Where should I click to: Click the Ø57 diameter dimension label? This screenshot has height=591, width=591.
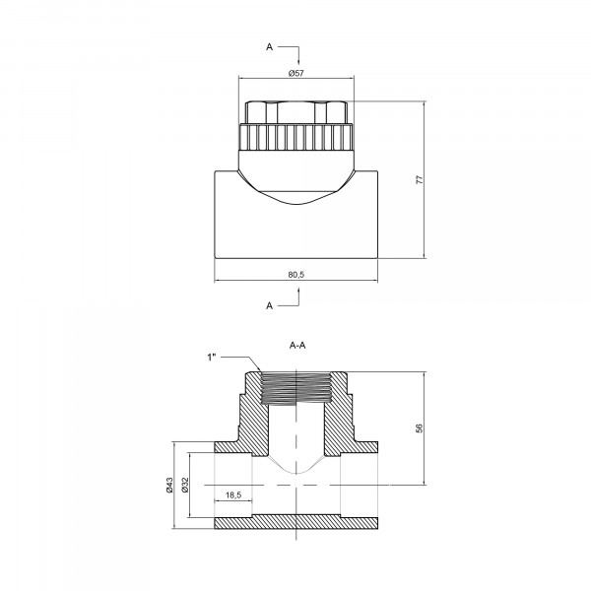click(296, 73)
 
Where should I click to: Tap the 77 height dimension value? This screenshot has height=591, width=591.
click(420, 179)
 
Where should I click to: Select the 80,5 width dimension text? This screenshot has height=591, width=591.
click(296, 275)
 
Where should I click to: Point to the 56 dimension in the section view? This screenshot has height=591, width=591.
click(420, 428)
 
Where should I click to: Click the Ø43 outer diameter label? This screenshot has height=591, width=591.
click(169, 485)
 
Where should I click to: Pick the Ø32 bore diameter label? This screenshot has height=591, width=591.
click(185, 485)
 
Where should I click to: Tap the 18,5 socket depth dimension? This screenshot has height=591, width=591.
click(233, 494)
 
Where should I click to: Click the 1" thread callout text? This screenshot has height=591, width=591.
click(212, 357)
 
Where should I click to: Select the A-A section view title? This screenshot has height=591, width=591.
click(297, 346)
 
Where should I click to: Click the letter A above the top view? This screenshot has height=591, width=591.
click(269, 46)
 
